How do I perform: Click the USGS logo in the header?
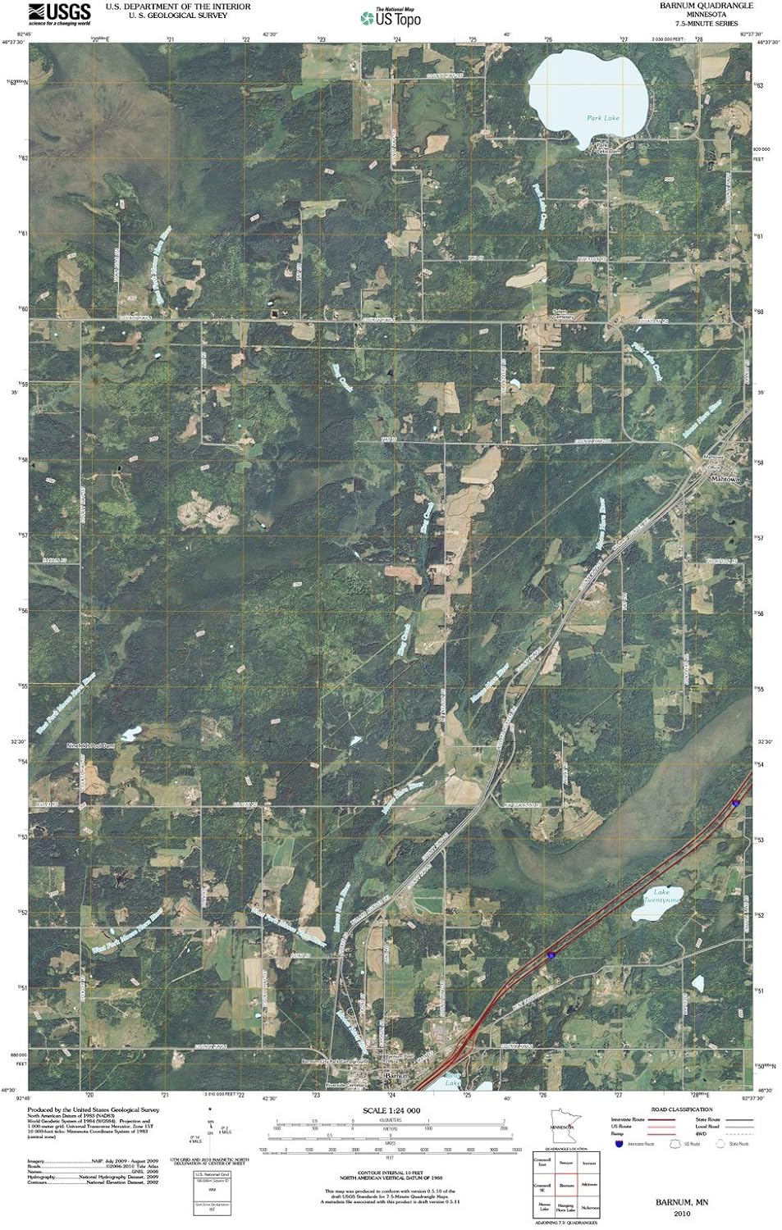(x=59, y=11)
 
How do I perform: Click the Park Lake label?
(x=603, y=118)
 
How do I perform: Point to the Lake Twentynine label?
(x=663, y=895)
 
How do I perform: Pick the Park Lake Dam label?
(x=606, y=148)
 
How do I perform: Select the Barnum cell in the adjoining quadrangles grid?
(x=565, y=1185)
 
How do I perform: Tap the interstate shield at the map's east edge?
(x=736, y=804)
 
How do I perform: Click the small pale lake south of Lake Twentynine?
(x=698, y=982)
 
